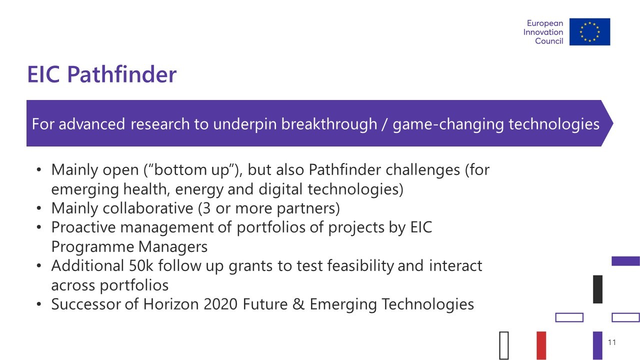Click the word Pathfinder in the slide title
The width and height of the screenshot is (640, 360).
coord(122,74)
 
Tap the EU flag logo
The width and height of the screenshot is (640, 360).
coord(589,31)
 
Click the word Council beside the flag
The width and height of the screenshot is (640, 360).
coord(549,41)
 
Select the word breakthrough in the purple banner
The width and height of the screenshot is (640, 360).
coord(329,124)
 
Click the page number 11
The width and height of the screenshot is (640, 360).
coord(611,342)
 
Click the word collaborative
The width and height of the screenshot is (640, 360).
coord(148,208)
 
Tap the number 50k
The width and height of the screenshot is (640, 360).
coord(141,265)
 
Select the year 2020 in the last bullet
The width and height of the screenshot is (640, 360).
coord(220,304)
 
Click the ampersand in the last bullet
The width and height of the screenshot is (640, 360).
coord(298,304)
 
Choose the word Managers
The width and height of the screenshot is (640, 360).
coord(173,246)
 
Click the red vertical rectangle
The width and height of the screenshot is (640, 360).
coord(541,345)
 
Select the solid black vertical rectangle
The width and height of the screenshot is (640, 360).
coord(597,289)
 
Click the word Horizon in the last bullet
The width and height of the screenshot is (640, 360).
coord(171,304)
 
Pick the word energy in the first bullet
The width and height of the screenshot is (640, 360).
coord(199,189)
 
